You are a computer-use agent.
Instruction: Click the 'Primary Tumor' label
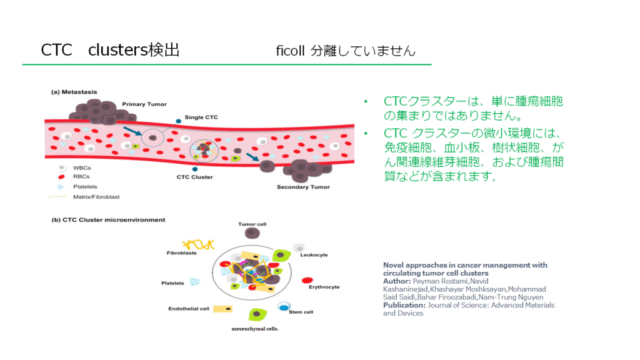pyautogui.click(x=144, y=104)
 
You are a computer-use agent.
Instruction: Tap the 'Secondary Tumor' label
pyautogui.click(x=303, y=186)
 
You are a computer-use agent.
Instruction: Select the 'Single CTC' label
pyautogui.click(x=201, y=117)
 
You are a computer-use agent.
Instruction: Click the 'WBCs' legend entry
pyautogui.click(x=82, y=168)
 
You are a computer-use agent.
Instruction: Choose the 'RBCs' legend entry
pyautogui.click(x=82, y=177)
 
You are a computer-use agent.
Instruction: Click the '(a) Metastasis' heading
pyautogui.click(x=74, y=92)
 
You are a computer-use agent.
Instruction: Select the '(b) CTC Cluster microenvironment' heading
pyautogui.click(x=107, y=220)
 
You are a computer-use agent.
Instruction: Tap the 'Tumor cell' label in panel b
pyautogui.click(x=252, y=224)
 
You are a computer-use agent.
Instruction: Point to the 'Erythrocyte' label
pyautogui.click(x=324, y=287)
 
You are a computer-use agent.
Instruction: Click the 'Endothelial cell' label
pyautogui.click(x=188, y=309)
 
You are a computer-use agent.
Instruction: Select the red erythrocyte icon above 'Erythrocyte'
pyautogui.click(x=307, y=279)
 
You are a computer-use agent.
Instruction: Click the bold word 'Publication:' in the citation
pyautogui.click(x=404, y=305)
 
